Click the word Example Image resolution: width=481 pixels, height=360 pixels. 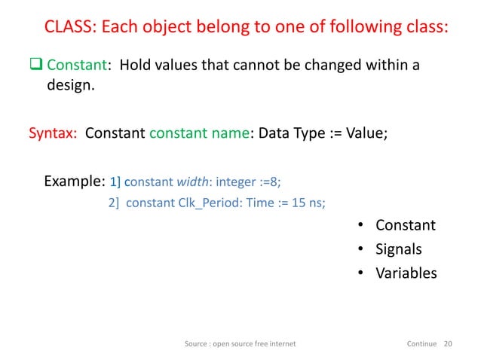pyautogui.click(x=74, y=182)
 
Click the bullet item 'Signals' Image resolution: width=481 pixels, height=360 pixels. pyautogui.click(x=398, y=249)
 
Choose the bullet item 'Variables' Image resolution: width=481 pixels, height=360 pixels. pyautogui.click(x=406, y=273)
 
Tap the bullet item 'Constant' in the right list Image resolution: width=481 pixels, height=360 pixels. pyautogui.click(x=405, y=225)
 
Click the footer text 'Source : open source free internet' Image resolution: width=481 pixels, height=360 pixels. pyautogui.click(x=240, y=343)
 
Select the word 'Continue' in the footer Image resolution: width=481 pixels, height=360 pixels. pyautogui.click(x=421, y=343)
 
